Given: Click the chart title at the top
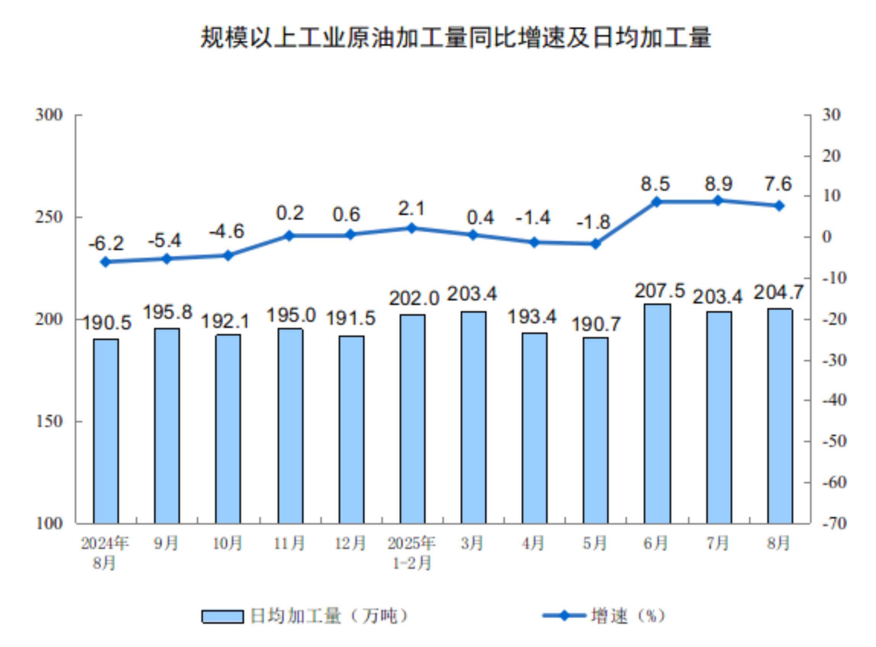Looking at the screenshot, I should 456,38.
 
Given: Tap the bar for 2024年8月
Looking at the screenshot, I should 106,431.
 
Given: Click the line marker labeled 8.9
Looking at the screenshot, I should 718,201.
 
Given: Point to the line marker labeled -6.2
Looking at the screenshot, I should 105,262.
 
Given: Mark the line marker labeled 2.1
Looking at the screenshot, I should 411,228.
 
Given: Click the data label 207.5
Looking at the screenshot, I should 660,291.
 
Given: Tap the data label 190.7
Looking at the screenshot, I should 596,324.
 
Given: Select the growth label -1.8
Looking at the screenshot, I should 593,222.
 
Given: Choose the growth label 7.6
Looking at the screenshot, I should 778,184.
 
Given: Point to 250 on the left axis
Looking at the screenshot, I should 49,217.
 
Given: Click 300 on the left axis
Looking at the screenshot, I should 49,115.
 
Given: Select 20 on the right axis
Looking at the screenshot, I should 831,156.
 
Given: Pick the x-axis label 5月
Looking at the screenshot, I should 595,543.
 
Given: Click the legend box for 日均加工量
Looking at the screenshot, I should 222,616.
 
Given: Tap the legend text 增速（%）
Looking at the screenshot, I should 628,616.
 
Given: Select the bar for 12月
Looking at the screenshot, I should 351,429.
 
